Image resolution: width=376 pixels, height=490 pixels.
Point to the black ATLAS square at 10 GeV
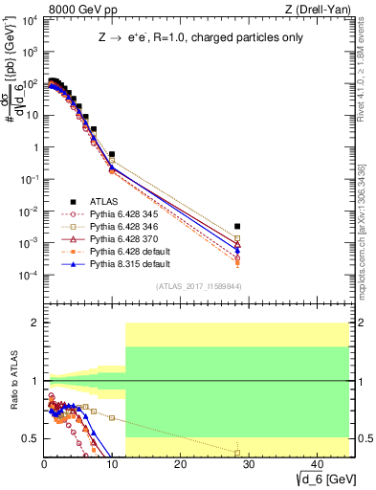point(112,154)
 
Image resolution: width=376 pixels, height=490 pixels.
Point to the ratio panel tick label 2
point(34,323)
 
